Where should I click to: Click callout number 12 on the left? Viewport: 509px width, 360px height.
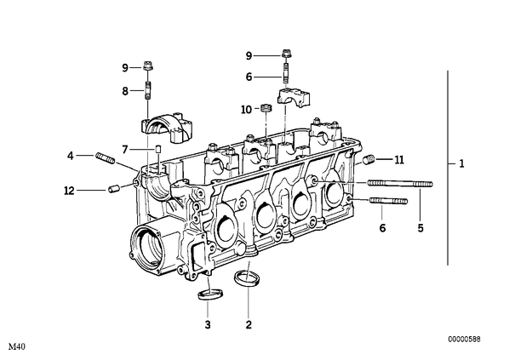pos(69,191)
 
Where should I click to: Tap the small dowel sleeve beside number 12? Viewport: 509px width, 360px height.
pos(113,189)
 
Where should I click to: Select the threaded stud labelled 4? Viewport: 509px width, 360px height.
pos(106,158)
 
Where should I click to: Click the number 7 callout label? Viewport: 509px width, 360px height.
pos(125,150)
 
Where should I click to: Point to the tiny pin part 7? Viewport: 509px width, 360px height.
pos(158,149)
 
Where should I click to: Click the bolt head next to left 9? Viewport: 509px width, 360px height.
pos(148,66)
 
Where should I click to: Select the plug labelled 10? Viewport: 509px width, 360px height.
pos(266,107)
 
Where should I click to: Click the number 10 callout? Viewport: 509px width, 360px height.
pos(246,110)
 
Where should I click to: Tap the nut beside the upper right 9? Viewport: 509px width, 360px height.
pos(286,54)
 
